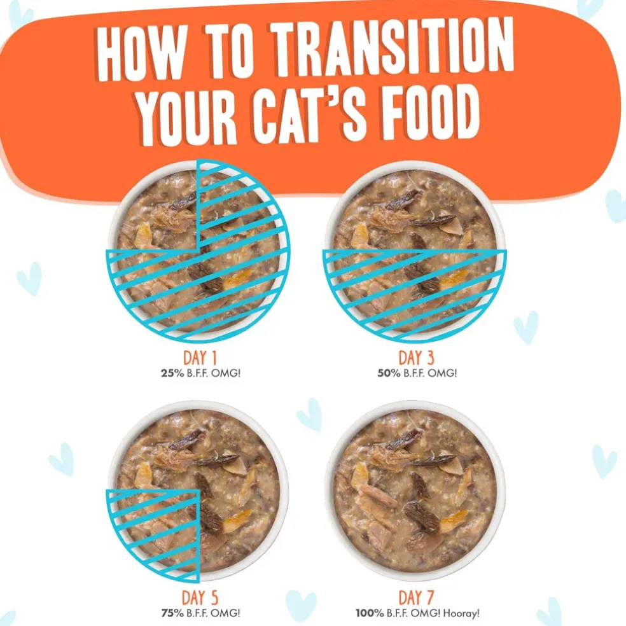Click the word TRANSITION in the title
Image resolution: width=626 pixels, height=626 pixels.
pos(393,48)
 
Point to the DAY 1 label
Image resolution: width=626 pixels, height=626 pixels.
pos(200,358)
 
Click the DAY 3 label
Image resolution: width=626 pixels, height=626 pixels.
pos(416,358)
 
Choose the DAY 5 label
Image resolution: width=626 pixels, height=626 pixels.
pos(200,597)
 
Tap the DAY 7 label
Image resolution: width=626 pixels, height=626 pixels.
pos(416,597)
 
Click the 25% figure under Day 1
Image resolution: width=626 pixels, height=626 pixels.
pos(172,373)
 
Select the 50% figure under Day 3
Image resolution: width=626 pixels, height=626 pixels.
pos(389,373)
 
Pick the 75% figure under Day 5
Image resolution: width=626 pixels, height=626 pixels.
pos(172,613)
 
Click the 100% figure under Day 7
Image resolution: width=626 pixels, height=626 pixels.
pos(370,613)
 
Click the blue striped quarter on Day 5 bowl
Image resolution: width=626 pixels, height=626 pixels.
pos(160,531)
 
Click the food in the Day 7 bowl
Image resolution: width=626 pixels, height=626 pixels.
pos(415,490)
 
